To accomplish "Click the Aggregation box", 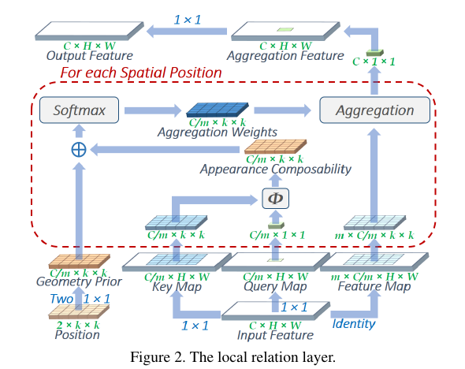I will coord(375,110).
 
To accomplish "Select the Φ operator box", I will coord(275,196).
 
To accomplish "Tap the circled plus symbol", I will coord(79,149).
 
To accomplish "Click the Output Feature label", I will coord(89,56).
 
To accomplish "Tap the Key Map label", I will coord(177,287).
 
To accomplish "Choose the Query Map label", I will coord(275,287).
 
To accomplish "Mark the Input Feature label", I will coord(275,334).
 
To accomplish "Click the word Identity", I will coord(355,322).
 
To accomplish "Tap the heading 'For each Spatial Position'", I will coord(141,73).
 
